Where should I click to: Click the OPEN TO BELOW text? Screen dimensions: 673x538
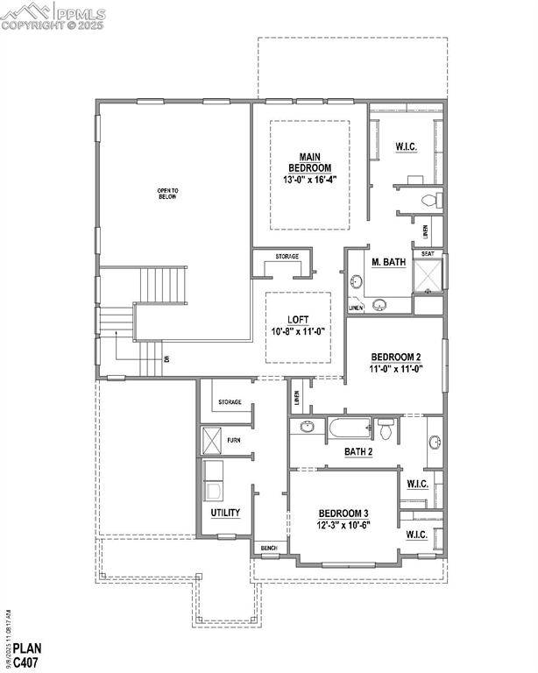(166, 194)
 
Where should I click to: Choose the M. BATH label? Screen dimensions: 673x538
(388, 261)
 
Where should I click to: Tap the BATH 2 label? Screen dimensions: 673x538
(358, 451)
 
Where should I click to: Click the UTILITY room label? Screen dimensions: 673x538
(225, 513)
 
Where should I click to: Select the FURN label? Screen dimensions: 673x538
(233, 440)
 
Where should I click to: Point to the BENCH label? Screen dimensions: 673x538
(268, 549)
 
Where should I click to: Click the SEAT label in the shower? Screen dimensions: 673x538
(428, 254)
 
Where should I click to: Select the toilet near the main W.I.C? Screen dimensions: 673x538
(428, 201)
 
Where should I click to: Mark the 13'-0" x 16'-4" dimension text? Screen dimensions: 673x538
(310, 179)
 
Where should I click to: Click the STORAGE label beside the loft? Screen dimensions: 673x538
(287, 257)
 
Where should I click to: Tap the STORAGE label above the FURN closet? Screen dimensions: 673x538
(230, 402)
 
